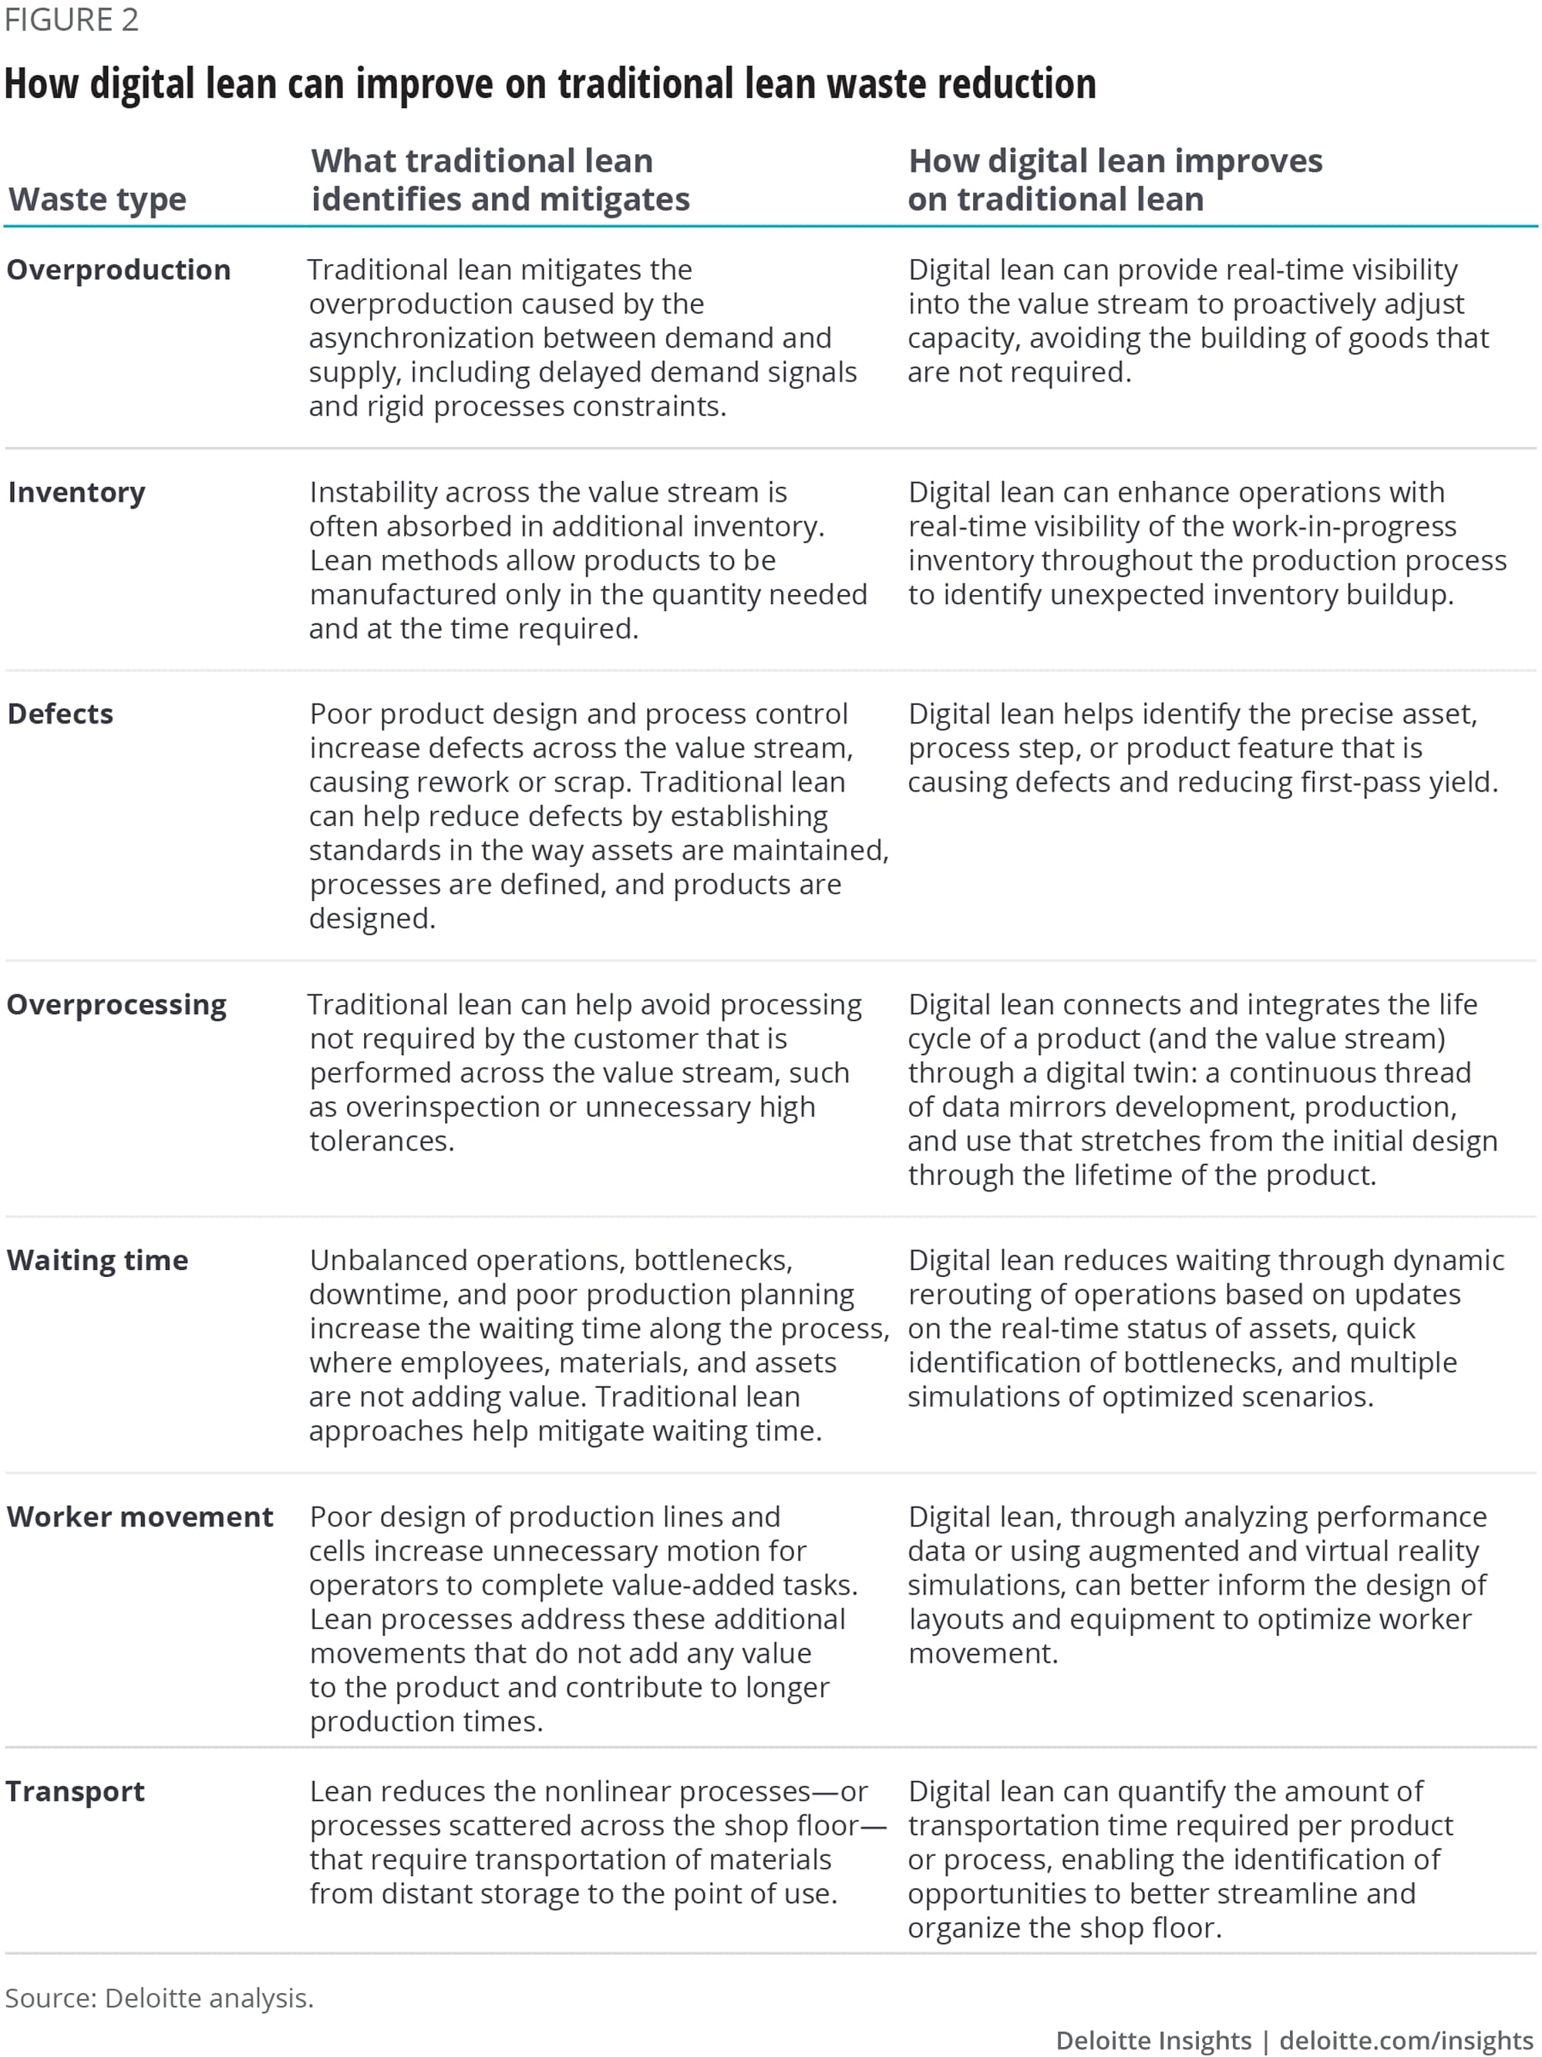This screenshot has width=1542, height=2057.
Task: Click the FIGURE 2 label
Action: [x=72, y=19]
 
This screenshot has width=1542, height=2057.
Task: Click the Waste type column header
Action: [x=98, y=200]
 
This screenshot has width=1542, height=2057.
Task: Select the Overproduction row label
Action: [x=119, y=270]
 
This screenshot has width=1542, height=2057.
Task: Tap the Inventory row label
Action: [x=77, y=492]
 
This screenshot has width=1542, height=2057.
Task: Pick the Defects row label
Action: [x=60, y=713]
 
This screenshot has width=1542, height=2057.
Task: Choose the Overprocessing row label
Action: [x=117, y=1004]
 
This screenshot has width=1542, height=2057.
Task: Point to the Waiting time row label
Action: [x=98, y=1260]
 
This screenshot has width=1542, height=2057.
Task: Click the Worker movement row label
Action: [x=140, y=1517]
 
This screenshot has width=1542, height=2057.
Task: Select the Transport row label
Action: [x=76, y=1791]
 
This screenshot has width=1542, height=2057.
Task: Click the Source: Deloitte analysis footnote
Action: [x=159, y=1998]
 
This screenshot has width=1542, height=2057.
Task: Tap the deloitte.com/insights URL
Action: [x=1406, y=2039]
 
